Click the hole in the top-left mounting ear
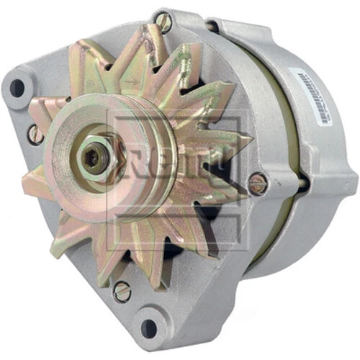coord(16,89)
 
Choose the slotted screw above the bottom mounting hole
coord(122,292)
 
